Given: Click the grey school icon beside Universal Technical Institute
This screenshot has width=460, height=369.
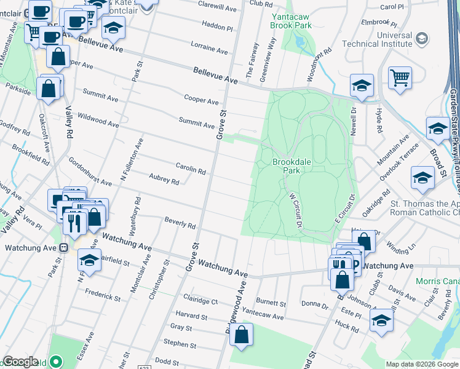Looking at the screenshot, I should click(421, 39).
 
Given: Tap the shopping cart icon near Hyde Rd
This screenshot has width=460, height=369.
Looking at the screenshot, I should click(400, 78).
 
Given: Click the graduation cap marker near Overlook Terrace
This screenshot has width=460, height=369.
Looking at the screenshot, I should click(423, 177).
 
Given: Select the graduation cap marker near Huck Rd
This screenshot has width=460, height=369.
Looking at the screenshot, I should click(381, 320).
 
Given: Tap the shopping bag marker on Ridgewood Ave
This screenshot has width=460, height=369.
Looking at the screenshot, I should click(242, 335).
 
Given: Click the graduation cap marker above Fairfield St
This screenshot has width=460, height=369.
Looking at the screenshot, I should click(89, 260).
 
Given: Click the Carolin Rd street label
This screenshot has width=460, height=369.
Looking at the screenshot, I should click(191, 170).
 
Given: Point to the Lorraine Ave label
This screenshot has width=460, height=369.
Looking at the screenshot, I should click(210, 47).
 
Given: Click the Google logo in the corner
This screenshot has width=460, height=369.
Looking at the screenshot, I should click(21, 362).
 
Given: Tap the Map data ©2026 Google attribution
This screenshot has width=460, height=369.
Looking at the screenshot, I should click(421, 364).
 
